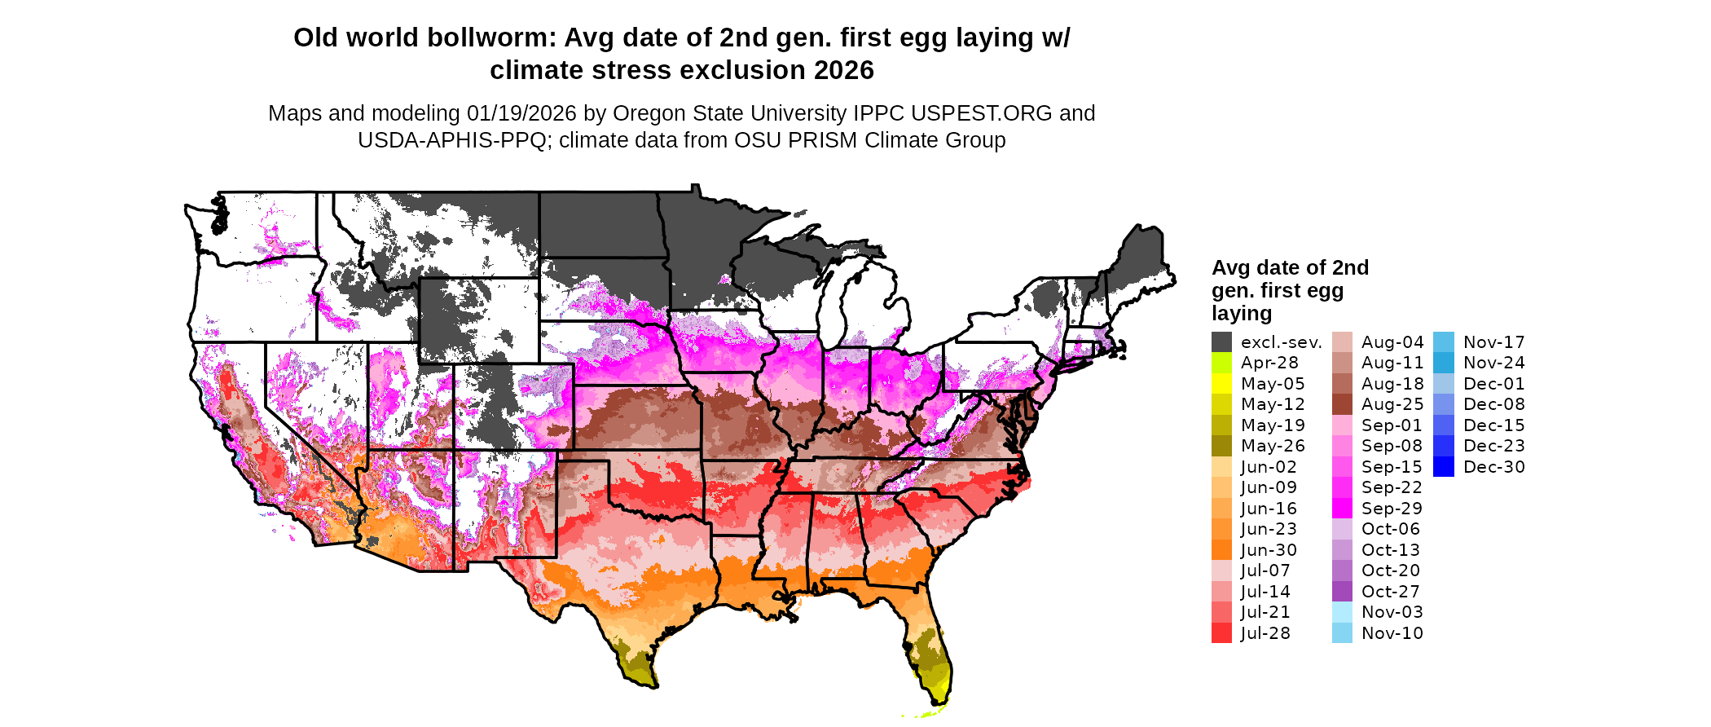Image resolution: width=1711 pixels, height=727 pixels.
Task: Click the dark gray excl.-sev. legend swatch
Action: click(1221, 342)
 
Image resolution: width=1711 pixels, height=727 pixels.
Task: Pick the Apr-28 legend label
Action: click(1269, 363)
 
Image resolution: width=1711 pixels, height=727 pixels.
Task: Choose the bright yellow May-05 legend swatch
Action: click(1221, 384)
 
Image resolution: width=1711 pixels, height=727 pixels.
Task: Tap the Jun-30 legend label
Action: click(1269, 550)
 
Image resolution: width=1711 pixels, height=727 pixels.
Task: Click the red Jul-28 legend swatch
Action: click(1221, 633)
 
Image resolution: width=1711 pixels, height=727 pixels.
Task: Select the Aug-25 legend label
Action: click(1392, 404)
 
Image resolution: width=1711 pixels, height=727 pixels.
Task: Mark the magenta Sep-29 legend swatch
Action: click(1342, 509)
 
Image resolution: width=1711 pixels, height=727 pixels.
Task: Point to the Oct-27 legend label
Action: click(1391, 592)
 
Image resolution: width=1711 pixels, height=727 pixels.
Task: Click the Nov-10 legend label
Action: click(1392, 633)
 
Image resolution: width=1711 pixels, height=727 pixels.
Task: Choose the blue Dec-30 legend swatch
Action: click(1443, 467)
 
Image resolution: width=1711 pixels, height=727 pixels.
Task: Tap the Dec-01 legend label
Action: click(1493, 384)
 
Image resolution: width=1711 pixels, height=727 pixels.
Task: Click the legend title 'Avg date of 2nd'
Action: click(1290, 268)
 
